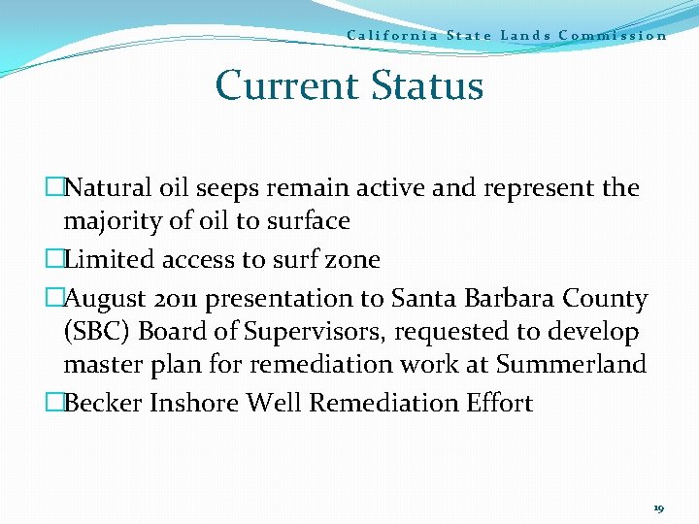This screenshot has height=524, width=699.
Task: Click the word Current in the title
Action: (x=282, y=85)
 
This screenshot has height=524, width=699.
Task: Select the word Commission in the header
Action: (x=613, y=36)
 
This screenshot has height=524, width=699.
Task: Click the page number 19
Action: (x=658, y=508)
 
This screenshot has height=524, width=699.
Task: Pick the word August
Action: (x=108, y=298)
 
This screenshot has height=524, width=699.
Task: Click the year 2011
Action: (x=179, y=298)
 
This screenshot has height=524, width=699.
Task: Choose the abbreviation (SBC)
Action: (x=97, y=332)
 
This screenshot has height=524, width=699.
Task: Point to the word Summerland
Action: (x=571, y=365)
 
